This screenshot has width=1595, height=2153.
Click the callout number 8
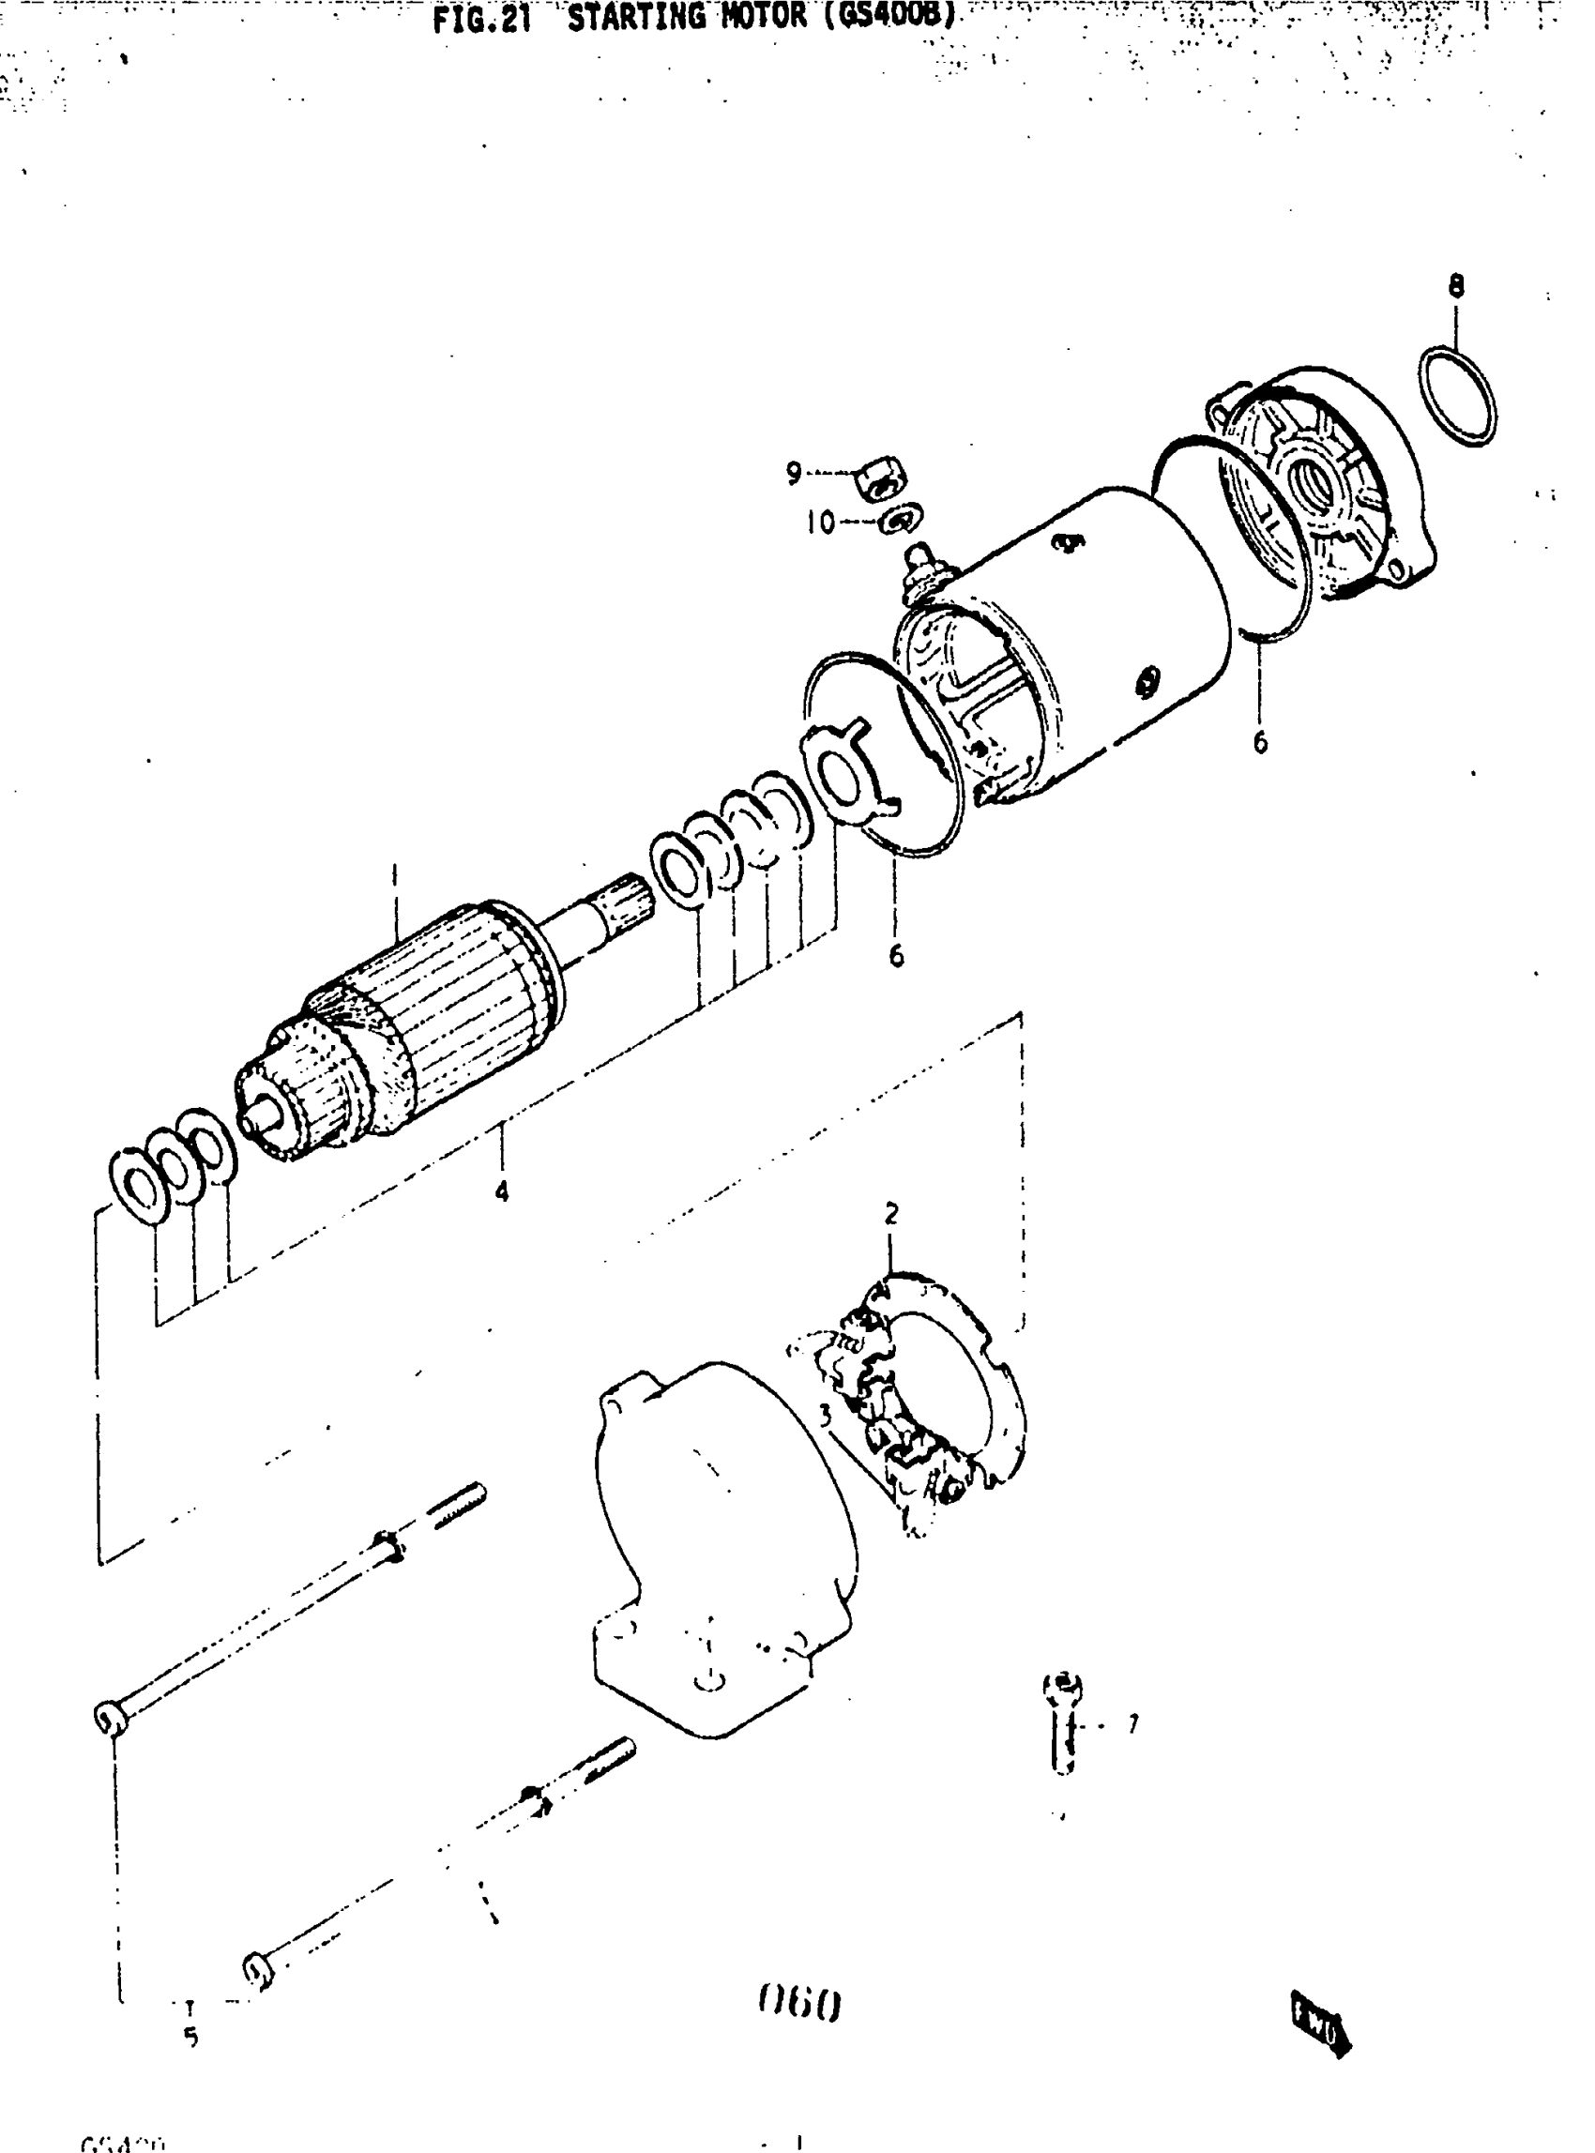(1456, 287)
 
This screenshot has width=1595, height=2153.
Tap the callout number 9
(794, 473)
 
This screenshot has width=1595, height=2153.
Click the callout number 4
(502, 1192)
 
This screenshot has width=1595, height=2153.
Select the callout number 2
(891, 1214)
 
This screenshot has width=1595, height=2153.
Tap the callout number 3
(825, 1416)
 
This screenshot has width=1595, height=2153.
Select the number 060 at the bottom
(800, 2005)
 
